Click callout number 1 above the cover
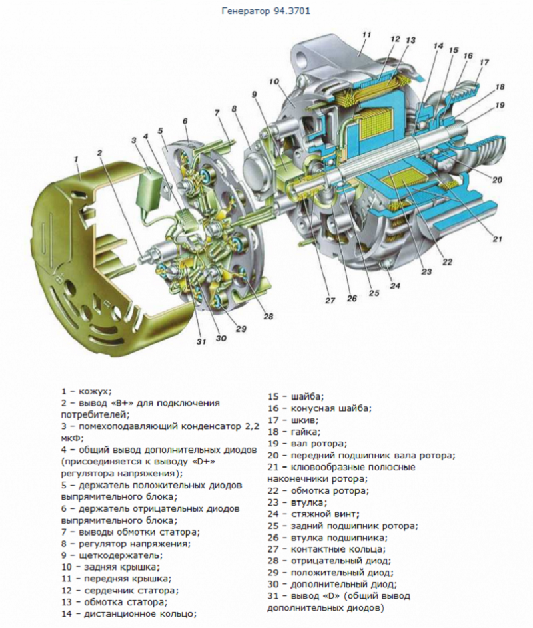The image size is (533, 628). point(77,159)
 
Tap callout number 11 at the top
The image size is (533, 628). point(366,34)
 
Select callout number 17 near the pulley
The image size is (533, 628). point(484,62)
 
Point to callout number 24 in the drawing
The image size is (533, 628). point(396,287)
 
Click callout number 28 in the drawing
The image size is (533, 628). point(268,316)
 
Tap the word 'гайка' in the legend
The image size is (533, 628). point(305,432)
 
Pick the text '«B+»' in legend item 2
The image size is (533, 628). point(123,403)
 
